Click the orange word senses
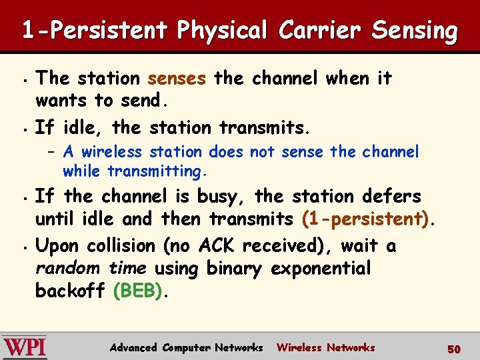(177, 79)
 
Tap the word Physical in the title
(222, 31)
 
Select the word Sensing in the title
(415, 31)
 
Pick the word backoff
(71, 291)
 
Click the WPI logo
(25, 347)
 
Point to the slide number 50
(454, 349)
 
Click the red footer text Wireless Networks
(325, 347)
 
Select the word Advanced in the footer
(133, 347)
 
